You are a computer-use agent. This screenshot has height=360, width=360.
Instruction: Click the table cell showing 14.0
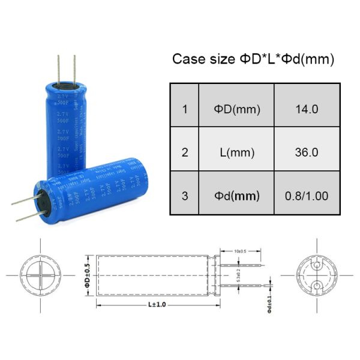tap(307, 109)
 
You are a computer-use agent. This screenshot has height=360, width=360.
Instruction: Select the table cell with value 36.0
tap(307, 152)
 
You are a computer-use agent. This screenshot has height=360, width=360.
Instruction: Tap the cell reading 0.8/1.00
tap(307, 196)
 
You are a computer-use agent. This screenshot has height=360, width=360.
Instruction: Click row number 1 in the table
tap(185, 109)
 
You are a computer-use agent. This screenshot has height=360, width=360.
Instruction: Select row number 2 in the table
tap(185, 152)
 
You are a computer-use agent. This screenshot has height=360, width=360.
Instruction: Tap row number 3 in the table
tap(185, 196)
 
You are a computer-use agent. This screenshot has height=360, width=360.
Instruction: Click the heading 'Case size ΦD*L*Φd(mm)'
tap(253, 59)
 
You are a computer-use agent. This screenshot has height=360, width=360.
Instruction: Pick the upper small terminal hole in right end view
tap(317, 265)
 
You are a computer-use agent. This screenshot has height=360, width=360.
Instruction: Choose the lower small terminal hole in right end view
tap(317, 285)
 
